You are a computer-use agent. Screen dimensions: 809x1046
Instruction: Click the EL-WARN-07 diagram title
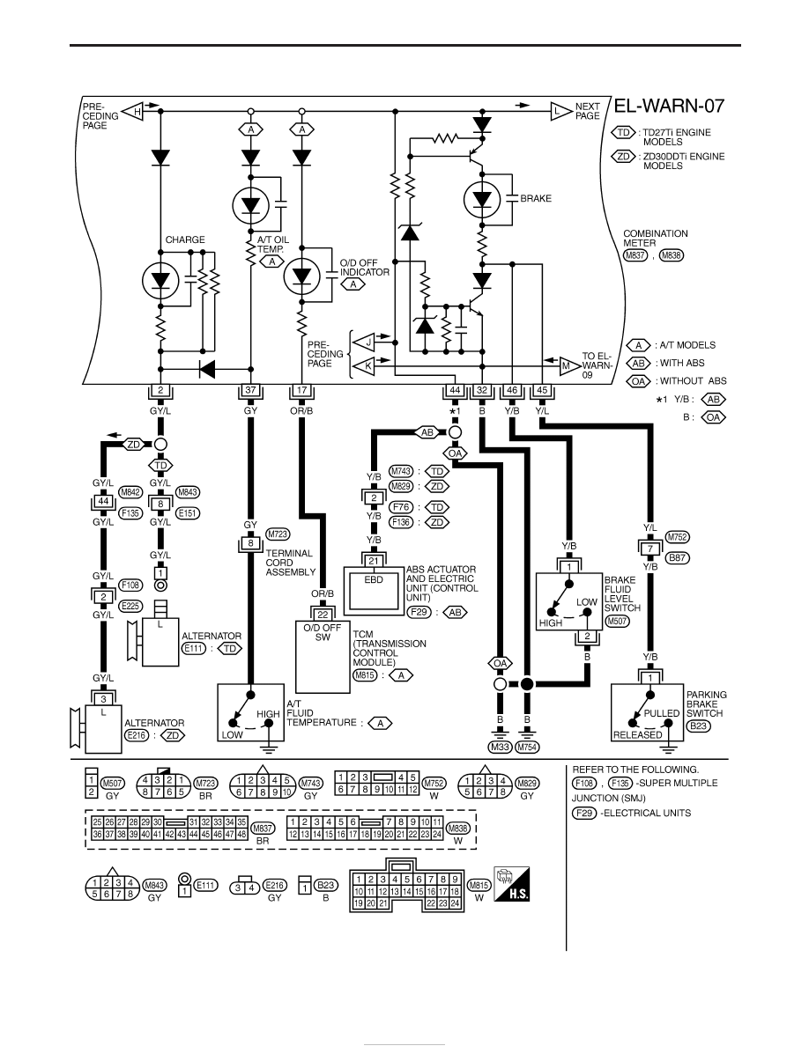(669, 106)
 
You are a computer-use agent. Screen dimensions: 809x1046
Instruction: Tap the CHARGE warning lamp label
(185, 239)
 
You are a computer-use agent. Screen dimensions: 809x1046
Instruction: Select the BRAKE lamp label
(535, 198)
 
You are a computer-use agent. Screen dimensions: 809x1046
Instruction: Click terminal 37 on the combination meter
(250, 390)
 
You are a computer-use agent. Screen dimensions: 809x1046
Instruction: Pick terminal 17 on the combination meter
(301, 390)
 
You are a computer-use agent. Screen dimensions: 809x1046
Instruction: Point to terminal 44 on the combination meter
(455, 390)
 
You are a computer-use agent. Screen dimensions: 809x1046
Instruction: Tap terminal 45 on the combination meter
(542, 390)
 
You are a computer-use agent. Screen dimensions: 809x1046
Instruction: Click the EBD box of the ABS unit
(374, 590)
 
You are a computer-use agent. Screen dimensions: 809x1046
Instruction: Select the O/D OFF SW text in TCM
(323, 632)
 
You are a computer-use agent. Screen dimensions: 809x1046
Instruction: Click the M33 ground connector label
(500, 748)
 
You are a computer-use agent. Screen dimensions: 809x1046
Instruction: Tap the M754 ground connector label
(527, 748)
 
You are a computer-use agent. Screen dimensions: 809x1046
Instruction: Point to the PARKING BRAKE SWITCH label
(706, 703)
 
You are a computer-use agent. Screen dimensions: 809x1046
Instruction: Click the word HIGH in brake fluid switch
(551, 623)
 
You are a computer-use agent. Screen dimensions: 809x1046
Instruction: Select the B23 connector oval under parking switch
(698, 726)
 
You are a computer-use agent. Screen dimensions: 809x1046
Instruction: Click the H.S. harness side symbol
(512, 885)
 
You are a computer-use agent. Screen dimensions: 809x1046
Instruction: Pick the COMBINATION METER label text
(656, 238)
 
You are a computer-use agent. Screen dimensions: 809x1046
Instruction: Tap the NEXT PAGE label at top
(588, 111)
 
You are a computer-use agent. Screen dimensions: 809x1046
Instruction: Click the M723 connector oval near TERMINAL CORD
(278, 534)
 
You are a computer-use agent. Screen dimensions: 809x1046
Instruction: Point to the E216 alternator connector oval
(137, 735)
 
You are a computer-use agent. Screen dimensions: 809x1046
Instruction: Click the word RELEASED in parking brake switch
(637, 735)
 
